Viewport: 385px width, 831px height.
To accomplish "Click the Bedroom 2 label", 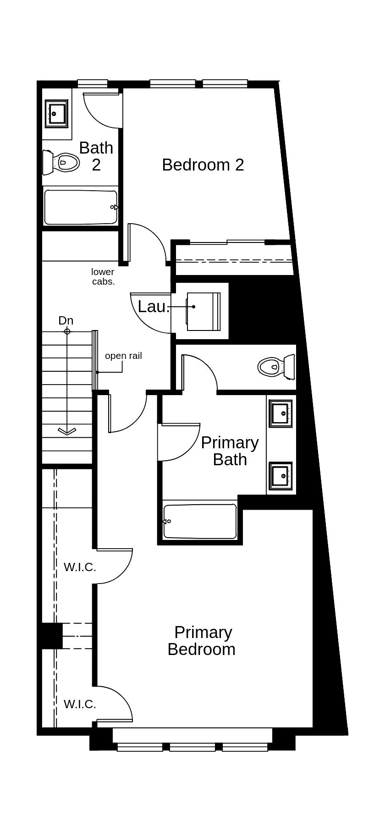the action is pyautogui.click(x=203, y=165).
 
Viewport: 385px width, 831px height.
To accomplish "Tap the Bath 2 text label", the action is pyautogui.click(x=96, y=156).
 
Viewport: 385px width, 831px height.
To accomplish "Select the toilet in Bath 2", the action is pyautogui.click(x=60, y=162).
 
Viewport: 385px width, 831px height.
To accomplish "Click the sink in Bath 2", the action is pyautogui.click(x=57, y=114).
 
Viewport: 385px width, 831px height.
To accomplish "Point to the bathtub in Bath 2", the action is pyautogui.click(x=81, y=207).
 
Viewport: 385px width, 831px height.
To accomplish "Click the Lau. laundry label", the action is pyautogui.click(x=154, y=307).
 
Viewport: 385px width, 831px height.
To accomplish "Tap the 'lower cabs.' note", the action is pyautogui.click(x=103, y=277).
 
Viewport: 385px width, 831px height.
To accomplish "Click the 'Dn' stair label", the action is pyautogui.click(x=66, y=320).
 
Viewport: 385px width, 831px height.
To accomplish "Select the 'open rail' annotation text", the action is pyautogui.click(x=123, y=356).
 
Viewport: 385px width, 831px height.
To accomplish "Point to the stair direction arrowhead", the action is pyautogui.click(x=67, y=431).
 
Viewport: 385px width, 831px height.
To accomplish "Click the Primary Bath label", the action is pyautogui.click(x=230, y=451).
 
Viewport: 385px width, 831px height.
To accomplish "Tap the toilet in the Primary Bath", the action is pyautogui.click(x=277, y=367).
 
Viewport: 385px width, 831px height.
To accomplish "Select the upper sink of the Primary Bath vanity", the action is pyautogui.click(x=281, y=413).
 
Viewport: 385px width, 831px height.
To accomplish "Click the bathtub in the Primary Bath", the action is pyautogui.click(x=200, y=521).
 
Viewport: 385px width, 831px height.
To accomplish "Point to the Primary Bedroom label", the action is pyautogui.click(x=202, y=641).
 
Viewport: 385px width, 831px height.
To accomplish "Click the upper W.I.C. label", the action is pyautogui.click(x=80, y=567).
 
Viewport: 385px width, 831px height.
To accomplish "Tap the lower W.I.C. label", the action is pyautogui.click(x=80, y=704).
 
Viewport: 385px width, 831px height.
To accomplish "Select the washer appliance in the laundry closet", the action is pyautogui.click(x=203, y=312).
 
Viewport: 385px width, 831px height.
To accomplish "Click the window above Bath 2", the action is pyautogui.click(x=93, y=83).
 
